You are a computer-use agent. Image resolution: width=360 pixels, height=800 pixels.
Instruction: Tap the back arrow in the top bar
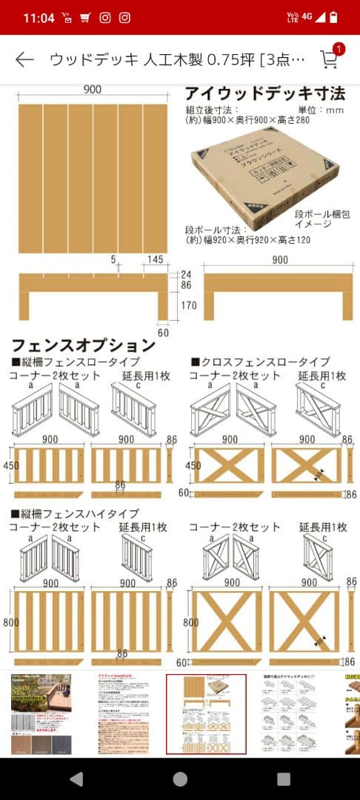click(x=24, y=60)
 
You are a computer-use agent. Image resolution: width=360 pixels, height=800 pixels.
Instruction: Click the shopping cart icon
click(x=328, y=60)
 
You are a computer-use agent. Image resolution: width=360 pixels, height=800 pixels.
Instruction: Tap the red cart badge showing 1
click(x=339, y=50)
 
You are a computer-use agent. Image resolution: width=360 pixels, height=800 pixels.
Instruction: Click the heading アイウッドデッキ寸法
click(x=264, y=94)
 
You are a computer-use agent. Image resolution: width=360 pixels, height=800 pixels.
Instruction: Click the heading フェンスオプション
click(x=83, y=345)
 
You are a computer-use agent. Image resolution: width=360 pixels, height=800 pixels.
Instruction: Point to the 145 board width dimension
click(x=156, y=260)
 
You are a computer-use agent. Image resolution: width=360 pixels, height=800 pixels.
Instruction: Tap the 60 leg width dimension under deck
click(x=163, y=333)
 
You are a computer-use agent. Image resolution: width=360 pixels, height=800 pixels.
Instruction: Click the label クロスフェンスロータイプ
click(x=265, y=361)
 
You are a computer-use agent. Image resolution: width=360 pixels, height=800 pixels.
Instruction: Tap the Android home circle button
click(x=180, y=779)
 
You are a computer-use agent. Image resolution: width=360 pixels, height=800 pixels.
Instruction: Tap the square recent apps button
click(x=284, y=779)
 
